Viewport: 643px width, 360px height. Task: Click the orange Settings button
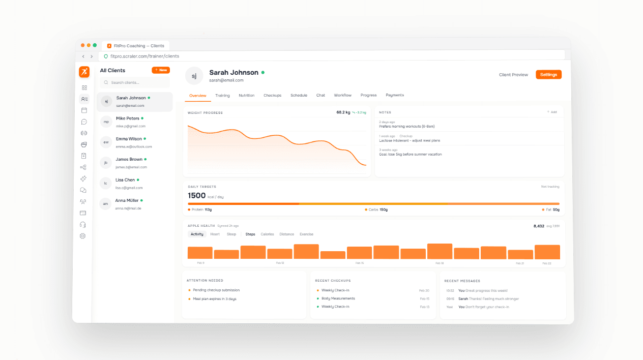click(548, 75)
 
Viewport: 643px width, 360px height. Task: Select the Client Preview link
click(513, 75)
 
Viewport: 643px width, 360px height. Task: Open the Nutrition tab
click(247, 95)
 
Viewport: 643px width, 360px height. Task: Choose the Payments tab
click(395, 95)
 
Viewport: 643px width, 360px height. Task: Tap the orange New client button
click(161, 70)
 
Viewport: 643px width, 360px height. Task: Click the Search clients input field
click(135, 82)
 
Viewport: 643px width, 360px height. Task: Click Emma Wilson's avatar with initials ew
click(106, 142)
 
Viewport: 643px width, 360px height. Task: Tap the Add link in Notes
click(552, 112)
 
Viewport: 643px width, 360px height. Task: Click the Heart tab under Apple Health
click(215, 234)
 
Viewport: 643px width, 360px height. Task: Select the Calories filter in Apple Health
click(267, 234)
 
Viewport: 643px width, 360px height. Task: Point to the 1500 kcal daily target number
click(197, 196)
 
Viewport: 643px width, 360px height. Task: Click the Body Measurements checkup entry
click(338, 298)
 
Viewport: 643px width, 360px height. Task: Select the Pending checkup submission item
click(216, 290)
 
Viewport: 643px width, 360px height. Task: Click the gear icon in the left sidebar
click(83, 236)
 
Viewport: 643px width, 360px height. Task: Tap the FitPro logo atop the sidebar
click(84, 72)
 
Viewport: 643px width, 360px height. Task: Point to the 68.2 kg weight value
click(343, 112)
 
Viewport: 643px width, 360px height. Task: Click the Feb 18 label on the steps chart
click(440, 263)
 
